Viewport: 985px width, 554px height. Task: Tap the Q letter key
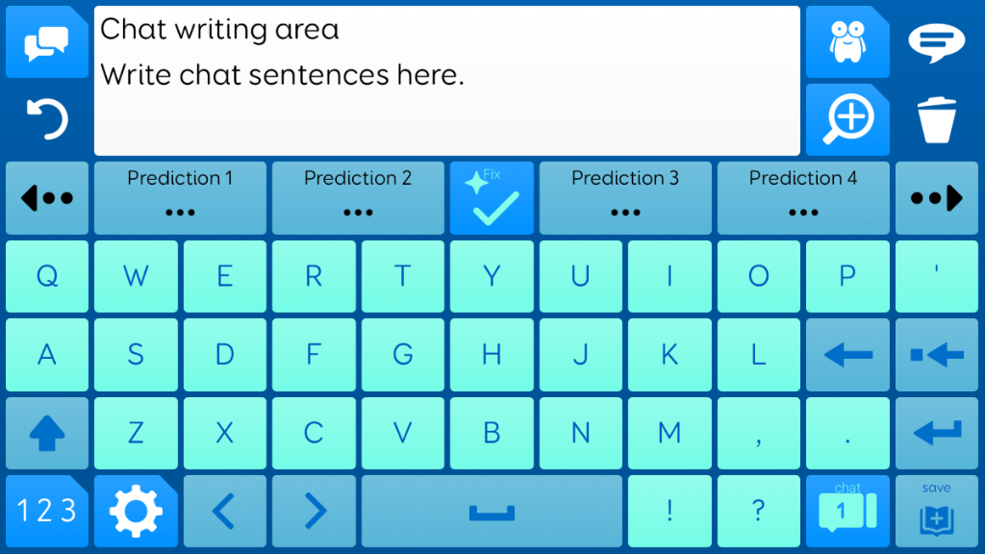[x=47, y=276]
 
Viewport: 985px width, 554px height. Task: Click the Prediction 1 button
[x=180, y=198]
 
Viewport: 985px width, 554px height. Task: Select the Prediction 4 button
[x=803, y=198]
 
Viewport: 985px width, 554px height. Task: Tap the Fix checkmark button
[x=492, y=198]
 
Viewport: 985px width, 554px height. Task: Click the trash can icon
[x=937, y=119]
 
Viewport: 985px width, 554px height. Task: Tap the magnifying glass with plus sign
[x=847, y=119]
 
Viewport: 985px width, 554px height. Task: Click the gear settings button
[x=136, y=512]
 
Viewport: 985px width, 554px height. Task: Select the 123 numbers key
[x=47, y=512]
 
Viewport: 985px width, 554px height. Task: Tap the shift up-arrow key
[x=47, y=433]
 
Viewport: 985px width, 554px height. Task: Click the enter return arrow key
[x=937, y=433]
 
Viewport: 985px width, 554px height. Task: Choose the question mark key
[x=758, y=512]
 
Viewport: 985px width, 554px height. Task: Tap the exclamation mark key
[x=669, y=512]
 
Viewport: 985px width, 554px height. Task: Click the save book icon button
[x=937, y=512]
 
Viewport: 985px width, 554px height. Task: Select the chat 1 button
[x=847, y=512]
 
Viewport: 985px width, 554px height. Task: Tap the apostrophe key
[x=937, y=276]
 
